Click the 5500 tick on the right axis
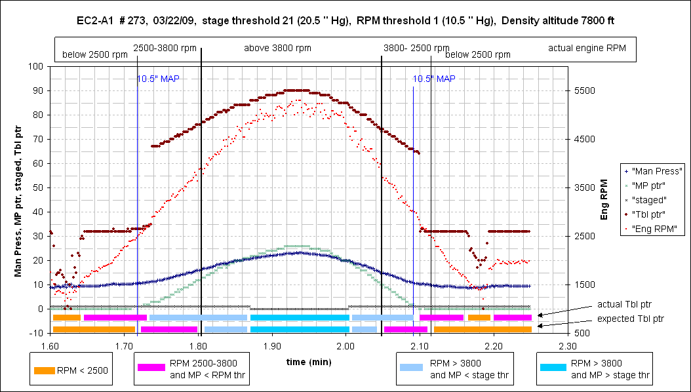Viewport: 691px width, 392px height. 584,90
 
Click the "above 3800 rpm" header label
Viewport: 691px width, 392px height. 277,49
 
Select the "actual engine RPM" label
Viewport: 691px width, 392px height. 587,49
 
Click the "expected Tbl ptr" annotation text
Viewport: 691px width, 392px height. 630,319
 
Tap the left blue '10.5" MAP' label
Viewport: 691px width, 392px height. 158,79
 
